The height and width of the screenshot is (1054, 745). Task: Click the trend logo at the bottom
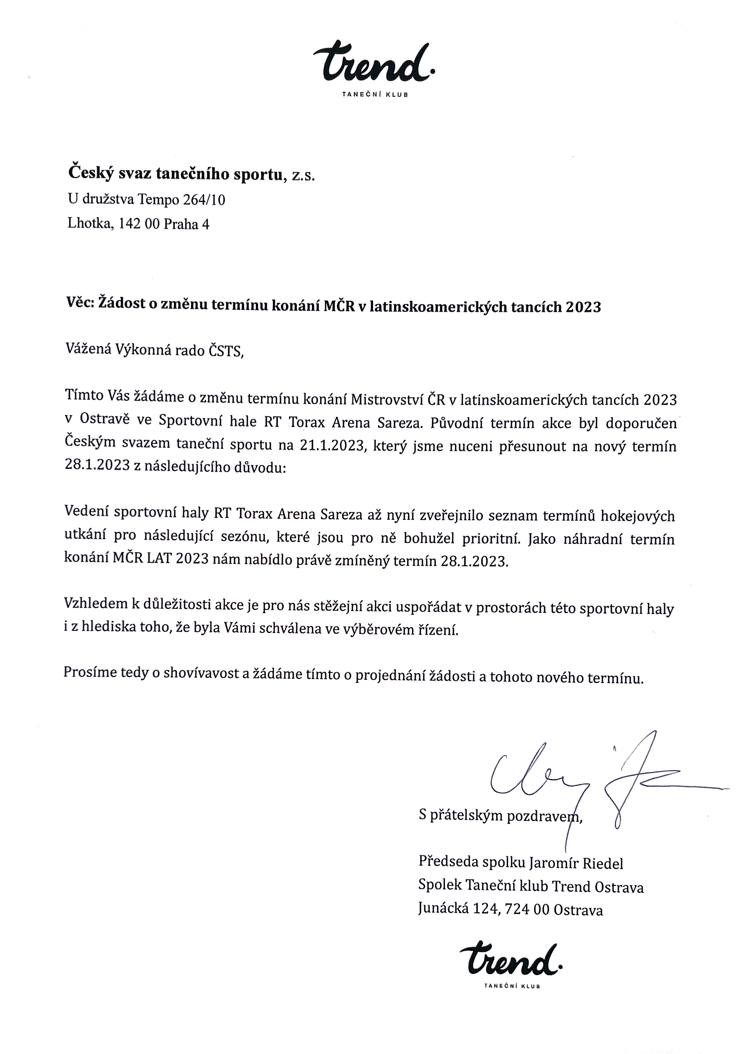point(510,961)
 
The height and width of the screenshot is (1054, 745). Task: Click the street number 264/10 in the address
point(204,200)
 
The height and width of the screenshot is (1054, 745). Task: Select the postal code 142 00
point(139,224)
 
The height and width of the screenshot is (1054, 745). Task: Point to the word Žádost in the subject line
point(122,304)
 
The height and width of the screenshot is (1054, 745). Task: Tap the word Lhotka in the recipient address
point(90,224)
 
